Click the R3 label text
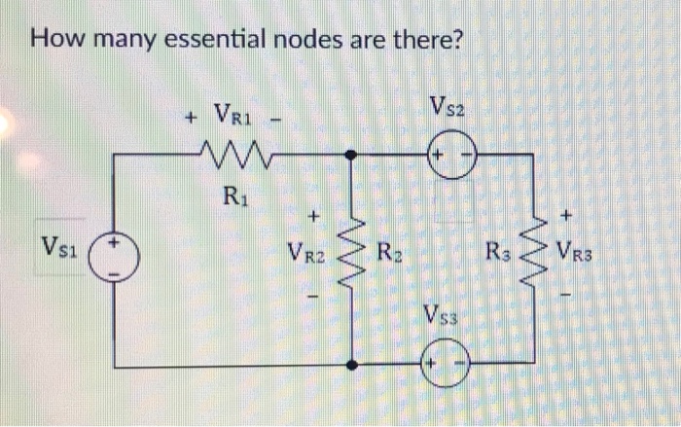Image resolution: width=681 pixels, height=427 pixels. click(497, 258)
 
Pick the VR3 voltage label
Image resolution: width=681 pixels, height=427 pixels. click(575, 259)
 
